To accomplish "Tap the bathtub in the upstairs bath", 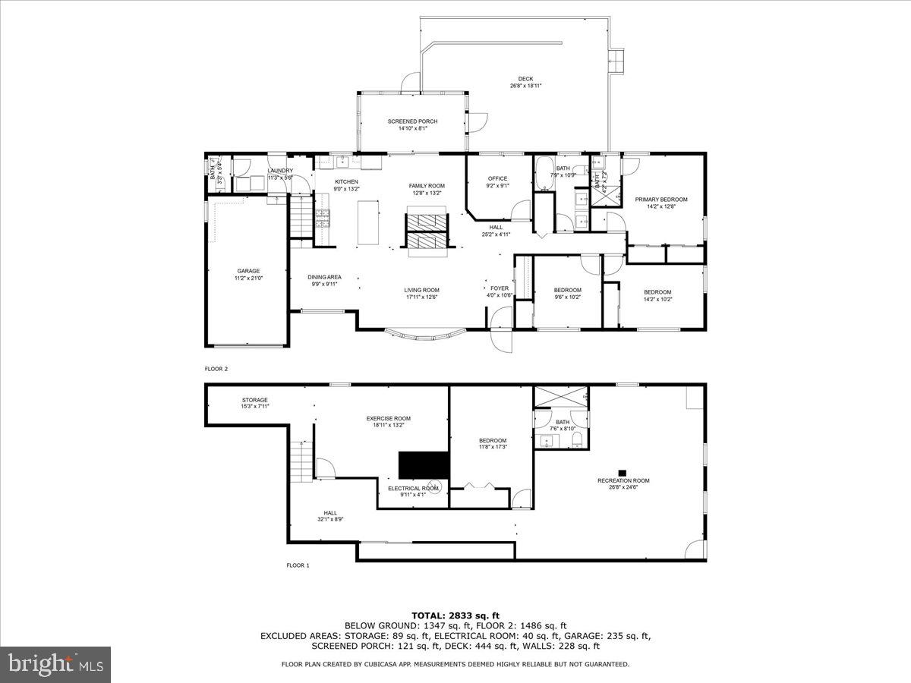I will [544, 174].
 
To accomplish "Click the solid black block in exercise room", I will [424, 464].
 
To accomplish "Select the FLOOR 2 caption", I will [216, 369].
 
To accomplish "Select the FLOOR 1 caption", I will [298, 565].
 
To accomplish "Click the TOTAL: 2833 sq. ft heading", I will [455, 615].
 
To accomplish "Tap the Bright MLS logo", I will [55, 664].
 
